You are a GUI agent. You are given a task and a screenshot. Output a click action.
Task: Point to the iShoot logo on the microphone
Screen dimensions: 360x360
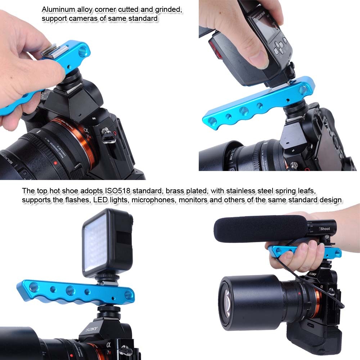point(324,229)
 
